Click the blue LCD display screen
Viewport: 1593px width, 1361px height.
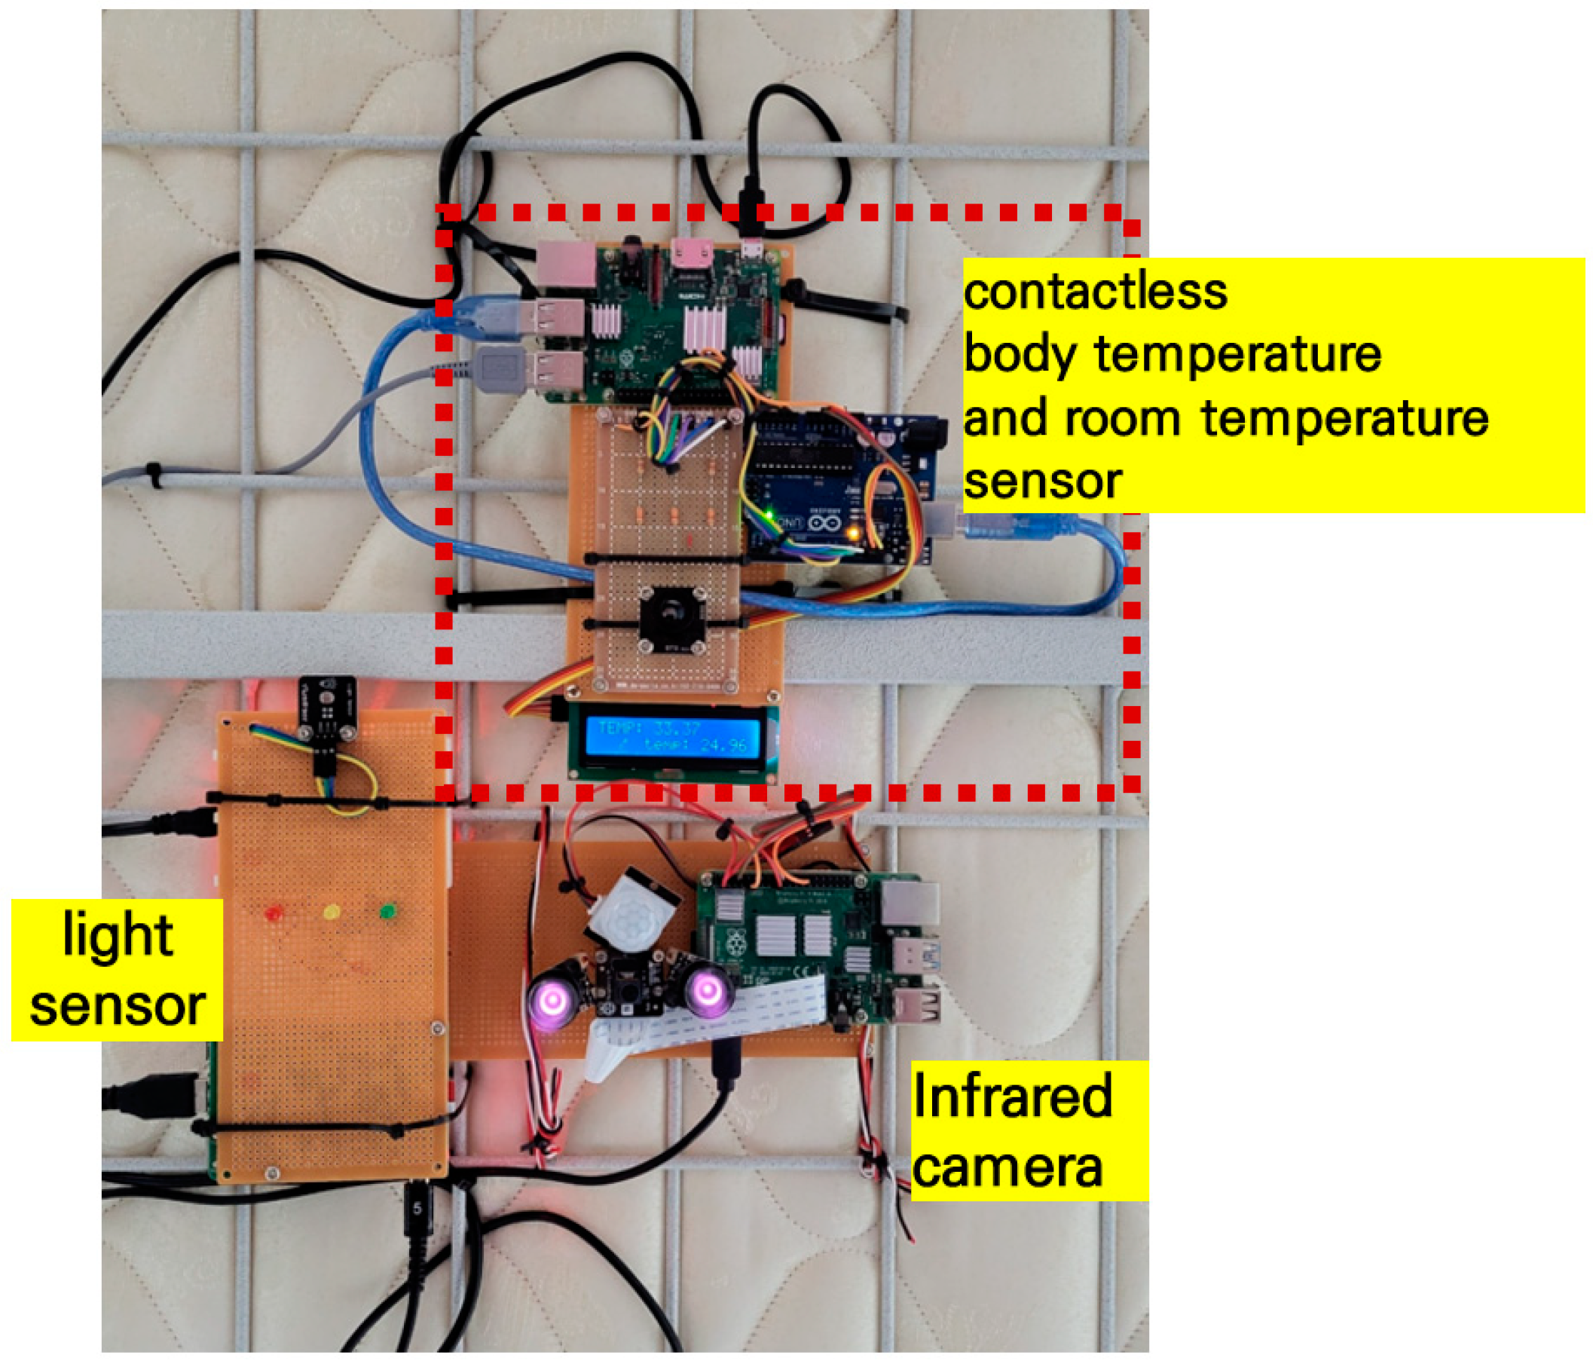point(672,736)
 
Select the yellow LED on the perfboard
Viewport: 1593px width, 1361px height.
point(332,913)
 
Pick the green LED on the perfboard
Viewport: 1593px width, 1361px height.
point(387,912)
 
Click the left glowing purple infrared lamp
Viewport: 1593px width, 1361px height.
point(552,1000)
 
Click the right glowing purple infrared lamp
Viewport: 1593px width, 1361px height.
point(708,992)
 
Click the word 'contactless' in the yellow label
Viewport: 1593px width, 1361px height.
point(1095,292)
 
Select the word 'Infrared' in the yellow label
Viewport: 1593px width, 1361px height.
point(1012,1096)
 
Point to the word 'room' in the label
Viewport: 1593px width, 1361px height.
point(1124,420)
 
